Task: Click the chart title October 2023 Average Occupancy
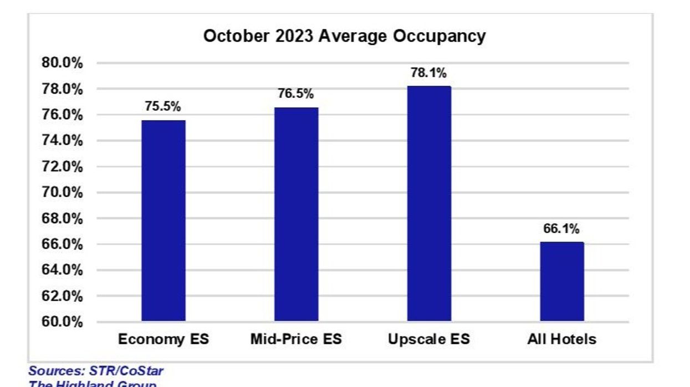click(344, 36)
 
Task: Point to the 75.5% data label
click(163, 107)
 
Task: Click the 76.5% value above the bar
click(296, 94)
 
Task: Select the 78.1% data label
click(428, 73)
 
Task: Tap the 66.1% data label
click(561, 229)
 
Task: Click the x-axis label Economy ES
click(163, 339)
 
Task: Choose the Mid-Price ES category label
click(296, 339)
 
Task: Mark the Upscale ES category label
click(429, 339)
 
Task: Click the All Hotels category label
click(561, 339)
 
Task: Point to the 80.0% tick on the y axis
click(62, 63)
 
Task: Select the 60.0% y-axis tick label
click(62, 322)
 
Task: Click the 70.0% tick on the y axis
click(62, 193)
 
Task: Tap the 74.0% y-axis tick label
click(62, 141)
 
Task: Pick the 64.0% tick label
click(62, 270)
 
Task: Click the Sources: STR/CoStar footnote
click(96, 370)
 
